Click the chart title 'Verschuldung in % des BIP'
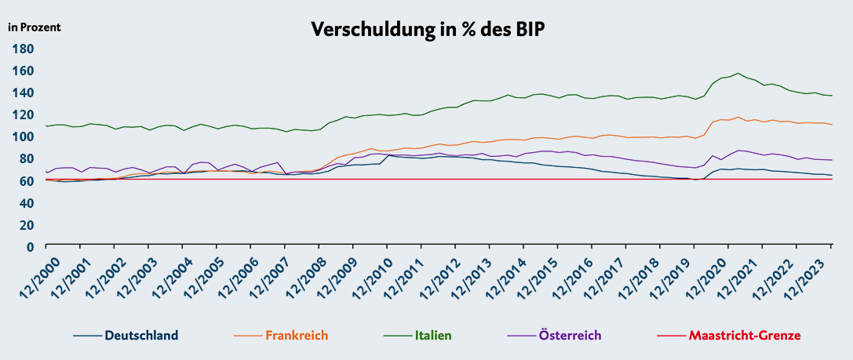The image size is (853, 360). [x=428, y=29]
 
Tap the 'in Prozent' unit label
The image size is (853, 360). [x=34, y=27]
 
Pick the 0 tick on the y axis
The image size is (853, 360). [x=31, y=246]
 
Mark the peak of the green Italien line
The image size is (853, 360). [x=738, y=73]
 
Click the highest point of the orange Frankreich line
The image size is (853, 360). [x=738, y=117]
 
